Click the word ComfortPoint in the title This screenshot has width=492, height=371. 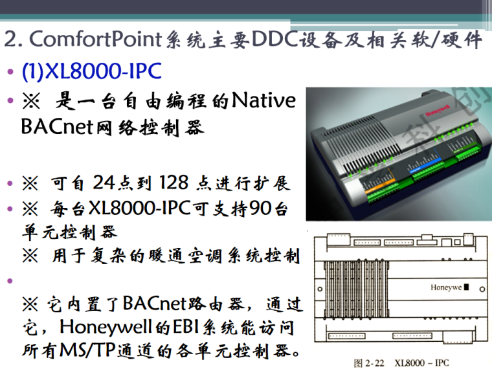click(x=96, y=39)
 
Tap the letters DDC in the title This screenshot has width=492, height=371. click(x=274, y=39)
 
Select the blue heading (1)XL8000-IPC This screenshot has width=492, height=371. click(x=92, y=71)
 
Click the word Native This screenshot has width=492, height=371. click(x=263, y=100)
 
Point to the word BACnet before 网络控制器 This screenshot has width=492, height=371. click(x=57, y=127)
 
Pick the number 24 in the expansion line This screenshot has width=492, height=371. click(x=104, y=183)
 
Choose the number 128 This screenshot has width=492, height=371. click(x=174, y=183)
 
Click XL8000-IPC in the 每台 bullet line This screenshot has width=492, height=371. click(x=140, y=208)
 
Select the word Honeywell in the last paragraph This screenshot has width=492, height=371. click(x=106, y=327)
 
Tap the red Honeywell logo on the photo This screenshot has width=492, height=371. click(x=438, y=111)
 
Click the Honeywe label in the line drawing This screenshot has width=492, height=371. click(x=446, y=287)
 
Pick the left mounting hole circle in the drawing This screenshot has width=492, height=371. click(x=320, y=289)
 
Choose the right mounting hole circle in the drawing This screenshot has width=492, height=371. click(x=482, y=289)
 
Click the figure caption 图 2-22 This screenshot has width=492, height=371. click(x=369, y=363)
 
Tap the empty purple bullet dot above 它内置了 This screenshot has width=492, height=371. click(x=10, y=280)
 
